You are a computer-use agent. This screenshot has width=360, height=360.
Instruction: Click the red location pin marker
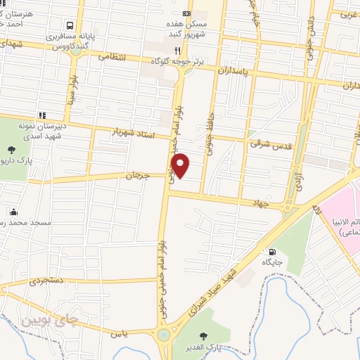pyautogui.click(x=181, y=165)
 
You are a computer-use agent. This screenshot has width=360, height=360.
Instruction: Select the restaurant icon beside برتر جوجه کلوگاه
pyautogui.click(x=178, y=51)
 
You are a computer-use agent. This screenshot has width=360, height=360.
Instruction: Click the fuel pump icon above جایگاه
pyautogui.click(x=271, y=251)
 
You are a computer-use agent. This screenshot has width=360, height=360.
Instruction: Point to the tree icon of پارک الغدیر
pyautogui.click(x=204, y=335)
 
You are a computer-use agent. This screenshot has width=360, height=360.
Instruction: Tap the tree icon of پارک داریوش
pyautogui.click(x=13, y=149)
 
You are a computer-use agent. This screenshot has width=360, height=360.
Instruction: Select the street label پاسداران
pyautogui.click(x=232, y=71)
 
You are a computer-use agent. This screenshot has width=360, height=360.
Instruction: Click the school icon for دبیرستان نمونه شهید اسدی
pyautogui.click(x=42, y=115)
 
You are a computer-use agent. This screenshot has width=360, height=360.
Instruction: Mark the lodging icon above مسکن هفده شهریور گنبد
pyautogui.click(x=186, y=13)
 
